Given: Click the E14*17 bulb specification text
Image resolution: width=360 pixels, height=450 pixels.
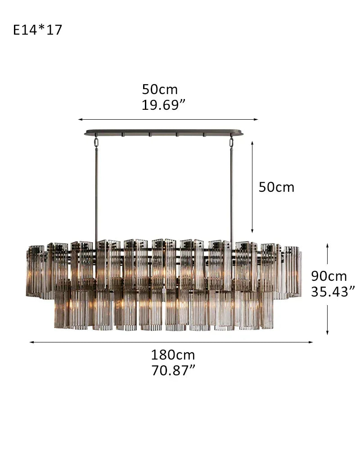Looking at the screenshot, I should pyautogui.click(x=38, y=30).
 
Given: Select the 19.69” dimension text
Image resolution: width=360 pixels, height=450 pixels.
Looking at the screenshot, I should pyautogui.click(x=163, y=105).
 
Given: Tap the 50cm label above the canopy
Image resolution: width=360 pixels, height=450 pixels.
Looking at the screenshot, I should pyautogui.click(x=160, y=89).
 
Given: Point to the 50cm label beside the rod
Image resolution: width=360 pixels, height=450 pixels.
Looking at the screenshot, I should pyautogui.click(x=276, y=187).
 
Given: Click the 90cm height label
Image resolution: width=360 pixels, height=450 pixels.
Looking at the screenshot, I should pyautogui.click(x=329, y=276).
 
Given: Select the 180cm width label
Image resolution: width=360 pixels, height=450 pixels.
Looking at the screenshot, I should pyautogui.click(x=173, y=355).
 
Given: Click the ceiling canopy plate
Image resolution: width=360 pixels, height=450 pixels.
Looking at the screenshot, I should pyautogui.click(x=164, y=133).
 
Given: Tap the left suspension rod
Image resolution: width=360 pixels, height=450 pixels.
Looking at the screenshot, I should pyautogui.click(x=96, y=193).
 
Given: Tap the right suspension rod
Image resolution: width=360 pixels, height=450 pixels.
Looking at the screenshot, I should pyautogui.click(x=232, y=193).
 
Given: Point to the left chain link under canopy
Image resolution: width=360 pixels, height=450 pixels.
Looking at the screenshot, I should pyautogui.click(x=96, y=142).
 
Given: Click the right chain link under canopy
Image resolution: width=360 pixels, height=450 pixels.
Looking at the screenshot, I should pyautogui.click(x=232, y=142).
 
